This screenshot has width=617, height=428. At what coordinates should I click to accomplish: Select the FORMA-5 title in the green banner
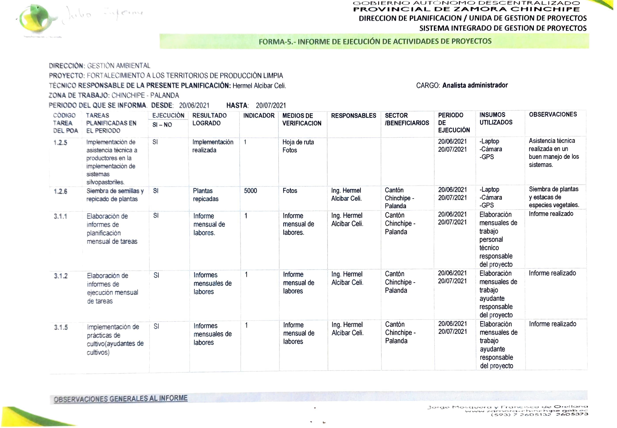click(x=375, y=42)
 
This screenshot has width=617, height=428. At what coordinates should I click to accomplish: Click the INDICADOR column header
click(x=259, y=116)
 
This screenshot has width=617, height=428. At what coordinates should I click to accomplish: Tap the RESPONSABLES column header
click(x=353, y=116)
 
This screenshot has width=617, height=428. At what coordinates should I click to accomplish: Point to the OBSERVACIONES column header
click(x=553, y=115)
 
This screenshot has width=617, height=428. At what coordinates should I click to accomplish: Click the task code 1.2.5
click(x=60, y=142)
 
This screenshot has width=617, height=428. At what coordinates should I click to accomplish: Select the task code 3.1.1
click(x=61, y=216)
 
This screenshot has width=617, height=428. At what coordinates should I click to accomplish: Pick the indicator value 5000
click(x=250, y=191)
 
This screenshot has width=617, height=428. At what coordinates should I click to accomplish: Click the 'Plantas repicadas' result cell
click(x=206, y=195)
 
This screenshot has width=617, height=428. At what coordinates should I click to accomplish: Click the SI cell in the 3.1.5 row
click(x=156, y=326)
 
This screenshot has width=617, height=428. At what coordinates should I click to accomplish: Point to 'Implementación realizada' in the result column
click(x=213, y=146)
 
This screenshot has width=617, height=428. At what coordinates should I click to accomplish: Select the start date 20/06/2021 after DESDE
click(x=194, y=105)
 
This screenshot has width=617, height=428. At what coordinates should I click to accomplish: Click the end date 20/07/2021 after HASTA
click(x=271, y=105)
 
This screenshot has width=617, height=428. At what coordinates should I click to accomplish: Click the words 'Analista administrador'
click(x=475, y=85)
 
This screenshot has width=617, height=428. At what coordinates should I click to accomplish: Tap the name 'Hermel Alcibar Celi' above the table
click(x=259, y=86)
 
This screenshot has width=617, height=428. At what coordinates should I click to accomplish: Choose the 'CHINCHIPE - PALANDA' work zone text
click(x=145, y=96)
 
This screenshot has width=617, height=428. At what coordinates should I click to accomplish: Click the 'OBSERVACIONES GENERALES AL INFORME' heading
click(x=121, y=399)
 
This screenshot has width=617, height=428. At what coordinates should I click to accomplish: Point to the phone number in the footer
click(x=539, y=415)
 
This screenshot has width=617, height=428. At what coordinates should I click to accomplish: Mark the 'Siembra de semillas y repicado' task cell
click(x=115, y=195)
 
